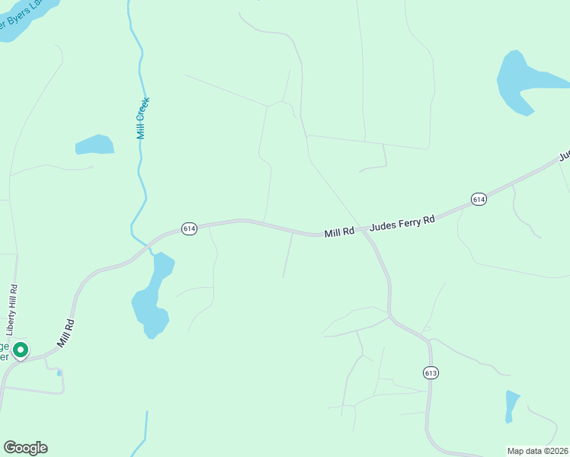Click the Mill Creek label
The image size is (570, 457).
coord(142,117)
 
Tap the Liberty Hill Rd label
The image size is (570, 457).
coord(12,311)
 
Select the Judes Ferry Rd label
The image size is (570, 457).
coord(402,223)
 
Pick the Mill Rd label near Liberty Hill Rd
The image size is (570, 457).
coord(66,334)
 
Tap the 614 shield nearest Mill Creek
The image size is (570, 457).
coord(190,228)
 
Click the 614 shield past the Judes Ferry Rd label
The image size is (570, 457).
coord(479,199)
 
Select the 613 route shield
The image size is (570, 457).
coord(431,372)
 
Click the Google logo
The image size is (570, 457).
coord(25,448)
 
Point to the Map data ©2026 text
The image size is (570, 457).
coord(537,451)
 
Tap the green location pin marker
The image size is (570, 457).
coord(21,350)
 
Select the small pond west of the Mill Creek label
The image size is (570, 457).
coord(94,144)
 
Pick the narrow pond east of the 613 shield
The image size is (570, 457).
coord(511,405)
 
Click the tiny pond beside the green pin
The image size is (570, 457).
coord(59,372)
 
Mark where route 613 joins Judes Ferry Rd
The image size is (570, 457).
coord(366,232)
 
